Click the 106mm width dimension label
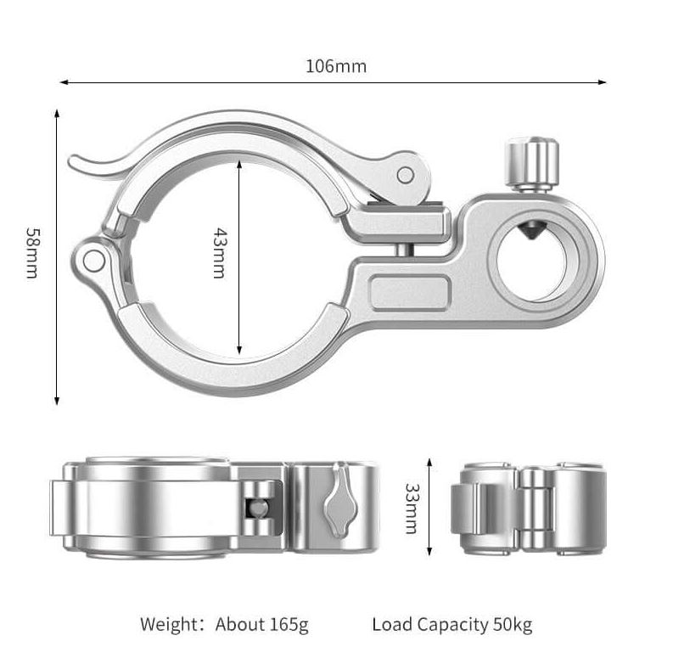point(336,66)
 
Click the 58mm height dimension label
point(31,253)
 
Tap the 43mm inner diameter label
point(219,253)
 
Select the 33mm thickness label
point(411,508)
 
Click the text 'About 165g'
point(262,625)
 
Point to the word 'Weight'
point(169,625)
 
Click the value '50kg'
point(513,625)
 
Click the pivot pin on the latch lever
point(406,176)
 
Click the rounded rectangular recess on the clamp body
point(411,293)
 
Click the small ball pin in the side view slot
point(256,508)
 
